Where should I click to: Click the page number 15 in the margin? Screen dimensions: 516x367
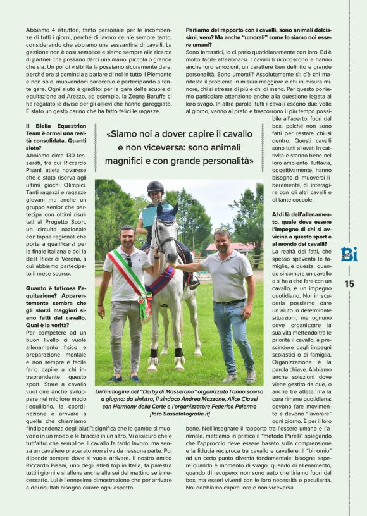pyautogui.click(x=349, y=284)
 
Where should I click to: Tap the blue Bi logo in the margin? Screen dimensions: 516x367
pyautogui.click(x=349, y=254)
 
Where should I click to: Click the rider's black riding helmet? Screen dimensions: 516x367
pyautogui.click(x=155, y=187)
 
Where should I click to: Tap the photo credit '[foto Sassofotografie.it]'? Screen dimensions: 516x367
pyautogui.click(x=179, y=414)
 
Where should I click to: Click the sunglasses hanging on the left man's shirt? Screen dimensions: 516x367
pyautogui.click(x=129, y=261)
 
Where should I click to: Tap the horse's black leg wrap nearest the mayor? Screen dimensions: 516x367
pyautogui.click(x=154, y=352)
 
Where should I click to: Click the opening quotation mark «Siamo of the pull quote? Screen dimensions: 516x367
pyautogui.click(x=109, y=134)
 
